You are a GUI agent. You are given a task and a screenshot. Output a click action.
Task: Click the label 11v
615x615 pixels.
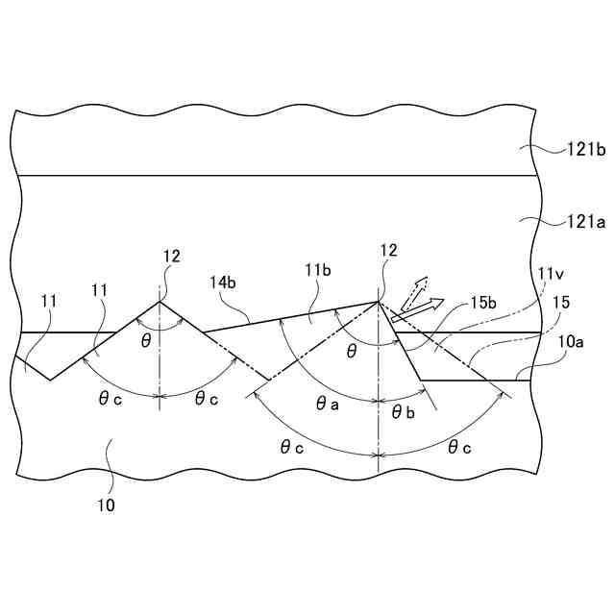[x=552, y=274]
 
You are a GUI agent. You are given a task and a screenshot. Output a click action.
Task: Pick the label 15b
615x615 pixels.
[x=483, y=303]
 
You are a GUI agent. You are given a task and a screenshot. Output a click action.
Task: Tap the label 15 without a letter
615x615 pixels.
[x=561, y=303]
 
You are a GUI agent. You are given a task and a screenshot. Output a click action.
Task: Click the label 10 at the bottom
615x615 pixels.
[x=106, y=504]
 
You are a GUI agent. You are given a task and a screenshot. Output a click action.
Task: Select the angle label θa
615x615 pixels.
[x=328, y=406]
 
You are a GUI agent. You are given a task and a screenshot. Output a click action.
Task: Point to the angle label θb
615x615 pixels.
[x=404, y=411]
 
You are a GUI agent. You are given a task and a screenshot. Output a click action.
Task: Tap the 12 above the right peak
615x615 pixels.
[x=387, y=252]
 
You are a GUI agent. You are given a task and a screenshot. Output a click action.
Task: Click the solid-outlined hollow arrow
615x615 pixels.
[x=419, y=308]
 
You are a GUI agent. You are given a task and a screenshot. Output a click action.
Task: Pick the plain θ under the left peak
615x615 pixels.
[x=146, y=342]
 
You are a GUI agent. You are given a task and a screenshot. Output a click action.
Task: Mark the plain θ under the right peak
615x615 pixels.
[x=352, y=352]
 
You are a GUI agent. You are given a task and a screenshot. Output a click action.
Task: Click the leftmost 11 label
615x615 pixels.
[x=48, y=301]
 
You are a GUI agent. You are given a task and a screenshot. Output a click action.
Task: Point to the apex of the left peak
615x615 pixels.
[x=160, y=302]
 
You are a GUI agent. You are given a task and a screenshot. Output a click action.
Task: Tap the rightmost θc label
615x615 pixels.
[x=460, y=446]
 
